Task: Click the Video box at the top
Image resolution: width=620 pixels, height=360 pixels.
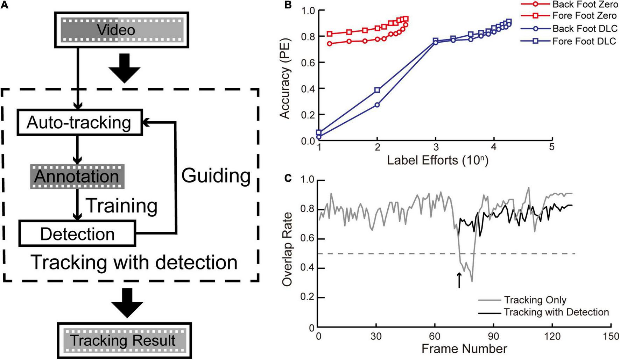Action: tap(121, 30)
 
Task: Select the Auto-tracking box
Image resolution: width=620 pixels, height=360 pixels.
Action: tap(80, 123)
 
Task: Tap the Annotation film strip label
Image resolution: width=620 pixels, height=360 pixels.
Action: tap(77, 176)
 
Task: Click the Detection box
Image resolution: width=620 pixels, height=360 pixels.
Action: tap(77, 234)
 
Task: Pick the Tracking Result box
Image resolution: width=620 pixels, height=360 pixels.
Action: tap(124, 340)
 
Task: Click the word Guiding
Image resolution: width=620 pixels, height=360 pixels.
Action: tap(216, 175)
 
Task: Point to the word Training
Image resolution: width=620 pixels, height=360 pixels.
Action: tap(121, 206)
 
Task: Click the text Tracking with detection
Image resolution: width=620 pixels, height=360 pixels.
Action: tap(134, 262)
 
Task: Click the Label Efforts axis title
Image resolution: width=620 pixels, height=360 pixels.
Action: tap(437, 160)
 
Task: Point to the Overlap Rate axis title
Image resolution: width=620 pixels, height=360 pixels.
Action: tap(287, 249)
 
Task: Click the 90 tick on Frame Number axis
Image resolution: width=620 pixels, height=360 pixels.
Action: tap(493, 336)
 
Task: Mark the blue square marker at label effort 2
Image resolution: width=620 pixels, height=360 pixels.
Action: tap(377, 90)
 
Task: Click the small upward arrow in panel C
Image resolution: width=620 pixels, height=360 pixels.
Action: tap(459, 281)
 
